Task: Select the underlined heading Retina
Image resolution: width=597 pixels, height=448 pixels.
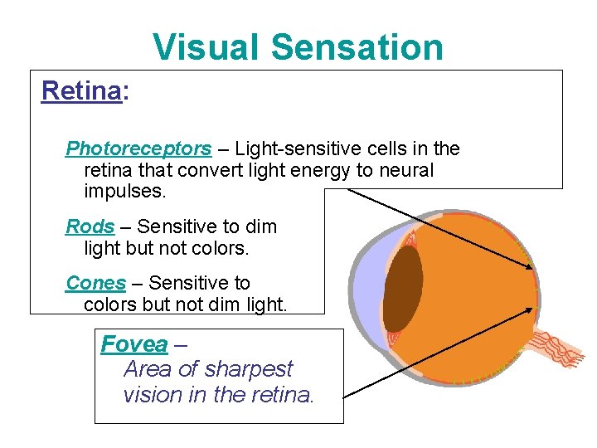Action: [81, 90]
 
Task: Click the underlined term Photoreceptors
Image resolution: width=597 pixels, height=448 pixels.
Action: [138, 149]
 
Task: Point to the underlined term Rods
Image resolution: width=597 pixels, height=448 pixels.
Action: [90, 226]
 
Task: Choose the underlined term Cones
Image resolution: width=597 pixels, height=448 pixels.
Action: [95, 283]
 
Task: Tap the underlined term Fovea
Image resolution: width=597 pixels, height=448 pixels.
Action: [133, 343]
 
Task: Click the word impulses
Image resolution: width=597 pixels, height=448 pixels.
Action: [125, 192]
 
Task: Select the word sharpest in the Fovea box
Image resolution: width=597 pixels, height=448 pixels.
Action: [250, 368]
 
